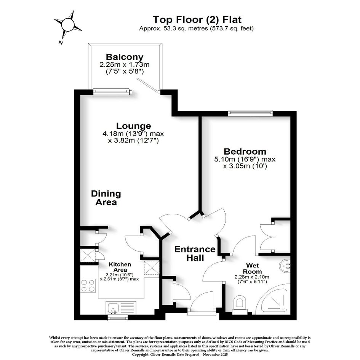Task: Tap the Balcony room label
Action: click(125, 57)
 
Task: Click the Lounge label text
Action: click(133, 126)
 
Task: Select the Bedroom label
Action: click(245, 152)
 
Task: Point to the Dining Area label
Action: click(106, 198)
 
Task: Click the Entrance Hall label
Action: click(195, 253)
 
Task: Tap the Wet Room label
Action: click(252, 269)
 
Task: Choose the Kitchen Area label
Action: click(120, 267)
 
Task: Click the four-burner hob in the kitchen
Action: click(88, 286)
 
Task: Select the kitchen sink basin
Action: click(113, 308)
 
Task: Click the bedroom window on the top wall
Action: click(251, 113)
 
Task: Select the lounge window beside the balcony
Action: click(112, 92)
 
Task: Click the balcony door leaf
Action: click(148, 85)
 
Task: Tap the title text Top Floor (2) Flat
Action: click(197, 20)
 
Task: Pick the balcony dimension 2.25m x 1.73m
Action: click(125, 65)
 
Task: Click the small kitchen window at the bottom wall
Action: click(118, 318)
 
